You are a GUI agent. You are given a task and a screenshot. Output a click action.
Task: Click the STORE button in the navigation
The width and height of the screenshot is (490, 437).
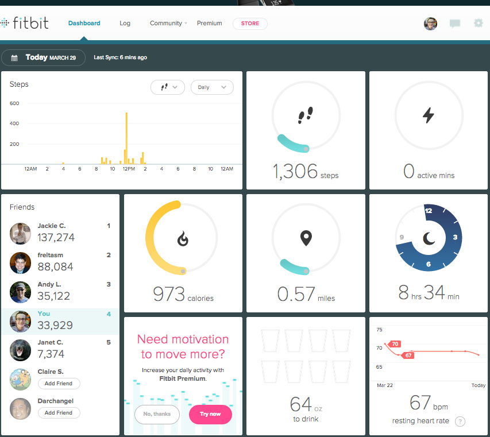(250, 24)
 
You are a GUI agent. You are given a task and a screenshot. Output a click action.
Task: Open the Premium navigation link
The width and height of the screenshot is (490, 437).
(209, 24)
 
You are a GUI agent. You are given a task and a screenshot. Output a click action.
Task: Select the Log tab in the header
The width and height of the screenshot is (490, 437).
(125, 24)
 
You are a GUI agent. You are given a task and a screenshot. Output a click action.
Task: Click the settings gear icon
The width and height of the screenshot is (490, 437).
(478, 24)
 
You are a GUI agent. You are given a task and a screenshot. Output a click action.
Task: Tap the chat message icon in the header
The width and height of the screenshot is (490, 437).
(455, 24)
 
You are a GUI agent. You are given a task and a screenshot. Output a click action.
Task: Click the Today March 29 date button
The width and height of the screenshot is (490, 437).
(44, 57)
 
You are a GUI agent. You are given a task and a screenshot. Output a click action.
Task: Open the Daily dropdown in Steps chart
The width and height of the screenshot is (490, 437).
(212, 87)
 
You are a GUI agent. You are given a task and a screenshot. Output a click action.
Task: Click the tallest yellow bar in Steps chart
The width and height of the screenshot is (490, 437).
(126, 138)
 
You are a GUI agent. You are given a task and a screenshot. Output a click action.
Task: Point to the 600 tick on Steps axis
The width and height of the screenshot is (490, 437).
(14, 103)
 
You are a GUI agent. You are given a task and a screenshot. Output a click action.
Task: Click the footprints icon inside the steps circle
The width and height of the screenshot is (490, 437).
(306, 115)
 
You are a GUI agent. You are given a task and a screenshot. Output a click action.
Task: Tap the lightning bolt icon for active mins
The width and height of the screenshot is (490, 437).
(429, 115)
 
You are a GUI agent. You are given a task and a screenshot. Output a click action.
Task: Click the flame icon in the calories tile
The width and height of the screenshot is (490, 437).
(183, 238)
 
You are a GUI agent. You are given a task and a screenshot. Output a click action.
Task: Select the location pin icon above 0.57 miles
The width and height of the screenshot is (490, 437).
(306, 238)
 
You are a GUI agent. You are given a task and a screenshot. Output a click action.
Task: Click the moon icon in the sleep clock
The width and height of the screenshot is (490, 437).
(429, 238)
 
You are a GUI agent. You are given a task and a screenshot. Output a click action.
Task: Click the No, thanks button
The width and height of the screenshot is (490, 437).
(157, 414)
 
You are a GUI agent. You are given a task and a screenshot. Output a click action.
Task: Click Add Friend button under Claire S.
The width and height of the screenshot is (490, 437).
(59, 383)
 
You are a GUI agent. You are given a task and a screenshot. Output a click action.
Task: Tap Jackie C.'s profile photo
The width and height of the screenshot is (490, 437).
(20, 233)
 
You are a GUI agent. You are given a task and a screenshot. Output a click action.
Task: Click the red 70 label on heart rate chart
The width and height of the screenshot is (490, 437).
(394, 344)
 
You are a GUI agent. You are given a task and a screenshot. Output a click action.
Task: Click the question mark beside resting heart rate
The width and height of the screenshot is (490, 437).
(460, 421)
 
